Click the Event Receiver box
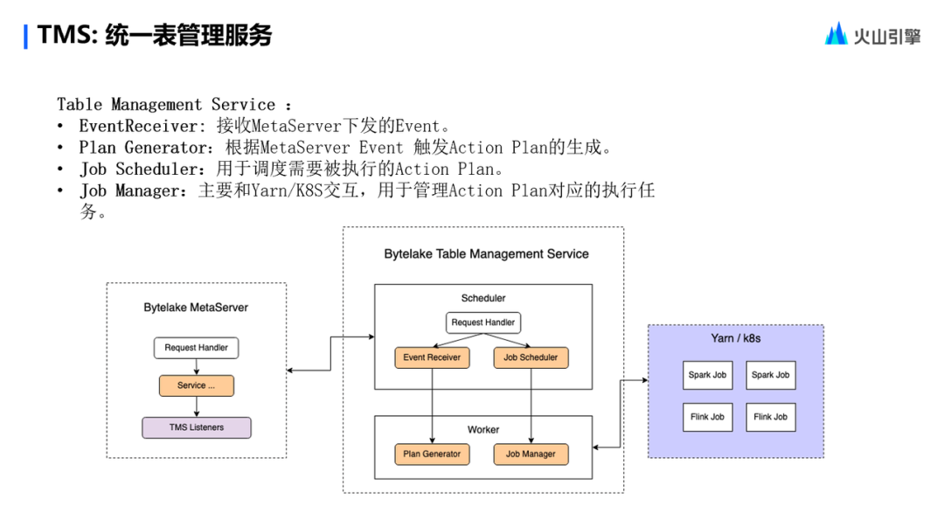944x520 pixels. point(432,357)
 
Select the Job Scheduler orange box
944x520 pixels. point(531,357)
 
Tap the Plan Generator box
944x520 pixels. point(432,454)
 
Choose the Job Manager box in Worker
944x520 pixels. point(531,454)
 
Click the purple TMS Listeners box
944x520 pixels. point(197,427)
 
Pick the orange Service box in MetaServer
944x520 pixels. point(197,385)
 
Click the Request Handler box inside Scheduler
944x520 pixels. point(482,322)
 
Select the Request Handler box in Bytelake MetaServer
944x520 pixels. point(197,348)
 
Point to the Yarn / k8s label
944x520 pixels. point(735,338)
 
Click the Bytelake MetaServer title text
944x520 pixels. point(196,308)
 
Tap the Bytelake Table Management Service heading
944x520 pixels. point(486,254)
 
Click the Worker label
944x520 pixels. point(483,429)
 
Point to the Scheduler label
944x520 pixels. point(483,298)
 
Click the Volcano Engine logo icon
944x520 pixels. point(836,34)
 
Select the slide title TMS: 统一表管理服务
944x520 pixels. point(155,36)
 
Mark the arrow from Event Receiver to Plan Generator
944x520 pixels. point(432,406)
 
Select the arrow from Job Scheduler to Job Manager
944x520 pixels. point(531,406)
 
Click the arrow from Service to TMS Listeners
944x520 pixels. point(197,406)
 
